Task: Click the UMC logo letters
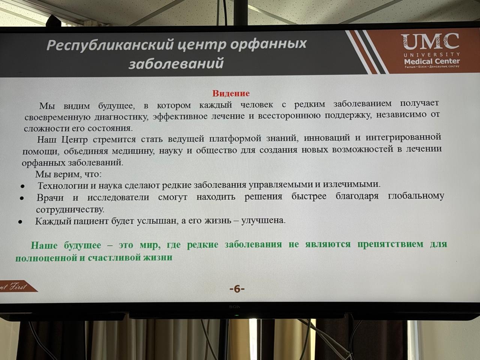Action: (430, 42)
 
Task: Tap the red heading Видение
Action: (231, 93)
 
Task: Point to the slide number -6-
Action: (237, 289)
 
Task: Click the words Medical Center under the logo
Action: (432, 61)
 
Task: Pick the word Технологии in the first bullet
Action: (63, 186)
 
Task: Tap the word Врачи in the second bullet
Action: (50, 198)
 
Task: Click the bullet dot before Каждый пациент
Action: (20, 222)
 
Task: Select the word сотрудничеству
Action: (70, 210)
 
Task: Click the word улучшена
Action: (264, 220)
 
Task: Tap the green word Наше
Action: (44, 245)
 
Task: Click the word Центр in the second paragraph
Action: (74, 139)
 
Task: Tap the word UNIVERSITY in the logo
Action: (432, 54)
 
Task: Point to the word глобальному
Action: (416, 196)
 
